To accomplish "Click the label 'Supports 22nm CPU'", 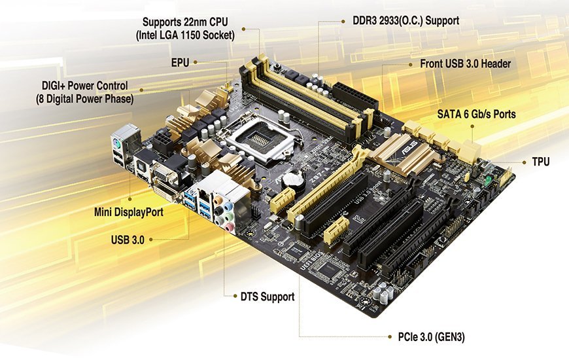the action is coord(185,22).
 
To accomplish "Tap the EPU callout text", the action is coord(181,62).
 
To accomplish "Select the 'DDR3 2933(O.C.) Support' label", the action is coord(405,21).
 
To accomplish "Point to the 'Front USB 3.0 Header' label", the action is coord(465,64).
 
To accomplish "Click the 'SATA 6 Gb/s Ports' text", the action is coord(477,114).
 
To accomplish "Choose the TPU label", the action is coord(541,162).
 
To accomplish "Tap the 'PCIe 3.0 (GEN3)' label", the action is coord(431,336).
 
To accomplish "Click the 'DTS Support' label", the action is coord(267,297).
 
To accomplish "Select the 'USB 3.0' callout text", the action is coord(128,240).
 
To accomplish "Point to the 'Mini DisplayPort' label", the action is coord(128,212).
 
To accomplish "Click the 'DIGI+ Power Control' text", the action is coord(85,86).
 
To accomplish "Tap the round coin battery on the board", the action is coord(292,179).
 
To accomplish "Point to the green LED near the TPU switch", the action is coord(489,180).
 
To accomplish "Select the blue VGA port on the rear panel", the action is coord(165,174).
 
